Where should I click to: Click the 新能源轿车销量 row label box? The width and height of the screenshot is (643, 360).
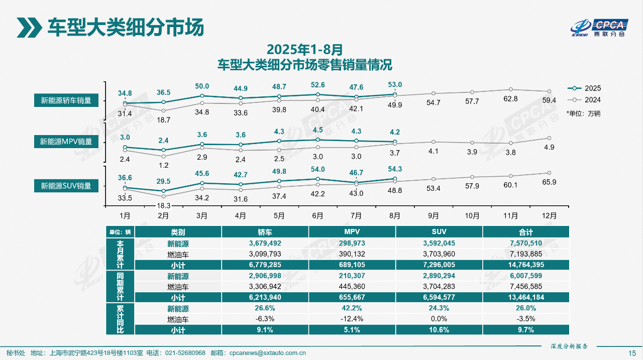(66, 100)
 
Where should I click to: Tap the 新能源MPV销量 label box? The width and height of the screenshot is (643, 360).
(66, 142)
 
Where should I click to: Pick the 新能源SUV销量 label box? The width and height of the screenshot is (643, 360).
(66, 186)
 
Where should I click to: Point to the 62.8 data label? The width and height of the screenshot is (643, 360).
(510, 99)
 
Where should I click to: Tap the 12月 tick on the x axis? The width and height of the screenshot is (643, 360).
(550, 216)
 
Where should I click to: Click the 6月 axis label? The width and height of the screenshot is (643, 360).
(317, 216)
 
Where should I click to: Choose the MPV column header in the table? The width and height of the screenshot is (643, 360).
(352, 232)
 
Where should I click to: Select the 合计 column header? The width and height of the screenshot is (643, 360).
(526, 232)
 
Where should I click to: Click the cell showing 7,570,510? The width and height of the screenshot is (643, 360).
(526, 244)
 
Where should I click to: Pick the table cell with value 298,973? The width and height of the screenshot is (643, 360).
(352, 244)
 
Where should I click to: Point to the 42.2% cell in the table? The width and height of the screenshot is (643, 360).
(352, 308)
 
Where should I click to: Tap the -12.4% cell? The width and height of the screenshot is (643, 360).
(352, 319)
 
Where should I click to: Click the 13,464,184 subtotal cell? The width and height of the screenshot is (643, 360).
(526, 297)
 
